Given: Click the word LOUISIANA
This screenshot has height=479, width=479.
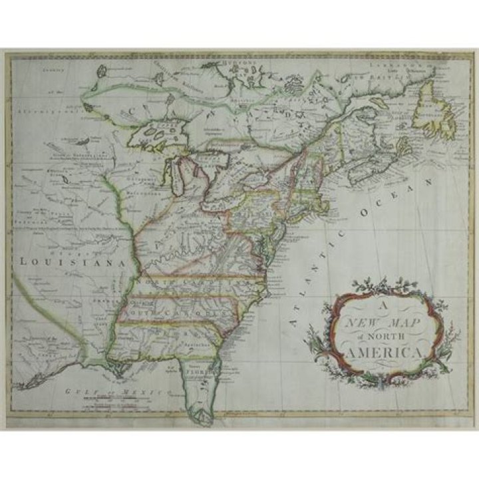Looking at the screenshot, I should [72, 261].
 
